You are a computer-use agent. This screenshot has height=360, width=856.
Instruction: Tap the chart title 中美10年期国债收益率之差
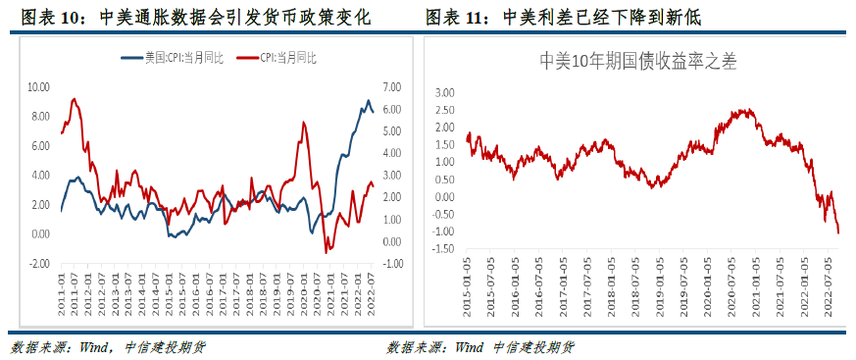(x=638, y=61)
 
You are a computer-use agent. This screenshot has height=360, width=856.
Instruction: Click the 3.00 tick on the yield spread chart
(x=444, y=92)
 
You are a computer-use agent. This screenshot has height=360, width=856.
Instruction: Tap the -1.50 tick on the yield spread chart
(x=444, y=249)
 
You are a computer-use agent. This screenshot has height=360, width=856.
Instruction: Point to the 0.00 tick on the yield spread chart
(x=444, y=197)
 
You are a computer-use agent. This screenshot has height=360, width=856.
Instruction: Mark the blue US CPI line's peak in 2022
(x=368, y=101)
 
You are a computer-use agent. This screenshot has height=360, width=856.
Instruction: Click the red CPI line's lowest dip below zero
(x=327, y=252)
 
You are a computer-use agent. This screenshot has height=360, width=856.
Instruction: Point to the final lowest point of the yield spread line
(x=838, y=232)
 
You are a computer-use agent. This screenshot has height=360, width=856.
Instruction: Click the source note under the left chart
(x=108, y=346)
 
